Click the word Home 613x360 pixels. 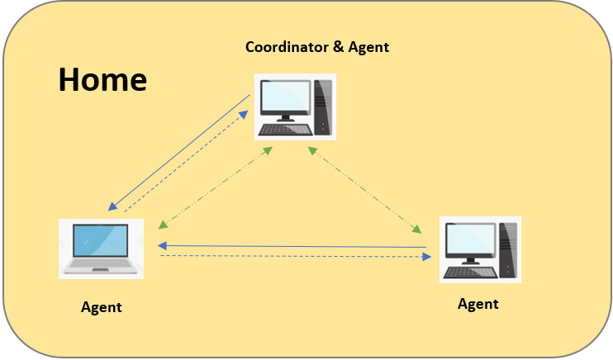102,80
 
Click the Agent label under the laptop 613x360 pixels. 102,307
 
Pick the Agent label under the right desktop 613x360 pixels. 478,304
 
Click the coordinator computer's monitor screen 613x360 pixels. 284,98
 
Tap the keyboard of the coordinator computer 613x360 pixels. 285,129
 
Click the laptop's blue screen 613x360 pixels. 101,240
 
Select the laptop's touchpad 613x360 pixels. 100,269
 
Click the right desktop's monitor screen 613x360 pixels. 469,240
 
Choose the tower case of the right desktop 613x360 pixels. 507,248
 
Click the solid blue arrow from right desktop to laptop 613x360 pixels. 293,246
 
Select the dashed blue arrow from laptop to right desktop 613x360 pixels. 293,257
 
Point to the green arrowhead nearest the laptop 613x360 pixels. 163,222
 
